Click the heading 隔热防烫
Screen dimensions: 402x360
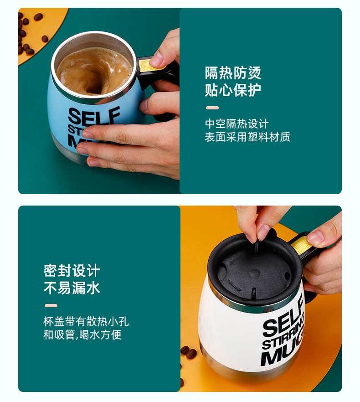point(233,73)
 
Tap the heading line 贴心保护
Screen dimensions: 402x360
point(233,90)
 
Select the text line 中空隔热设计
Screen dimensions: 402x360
point(237,124)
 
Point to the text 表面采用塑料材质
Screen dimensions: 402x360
point(247,137)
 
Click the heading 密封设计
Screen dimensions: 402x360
point(72,271)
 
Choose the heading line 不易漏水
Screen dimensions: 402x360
point(72,288)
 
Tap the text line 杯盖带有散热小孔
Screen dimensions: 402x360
point(86,322)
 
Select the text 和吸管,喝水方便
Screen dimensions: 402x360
point(82,335)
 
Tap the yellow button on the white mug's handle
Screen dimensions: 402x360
point(301,246)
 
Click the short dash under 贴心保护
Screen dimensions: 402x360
point(212,108)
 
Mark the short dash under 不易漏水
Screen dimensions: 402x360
point(51,305)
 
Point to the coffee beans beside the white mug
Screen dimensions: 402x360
point(188,351)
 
